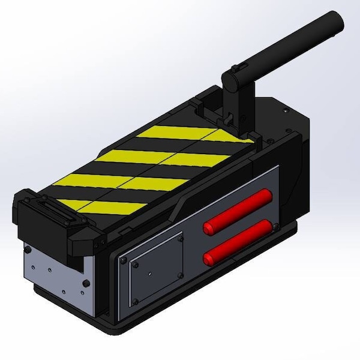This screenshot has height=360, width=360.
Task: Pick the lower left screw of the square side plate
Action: tap(136, 300)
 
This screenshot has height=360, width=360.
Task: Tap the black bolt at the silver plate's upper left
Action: tap(28, 247)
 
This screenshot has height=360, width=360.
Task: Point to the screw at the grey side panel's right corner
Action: tap(275, 224)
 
